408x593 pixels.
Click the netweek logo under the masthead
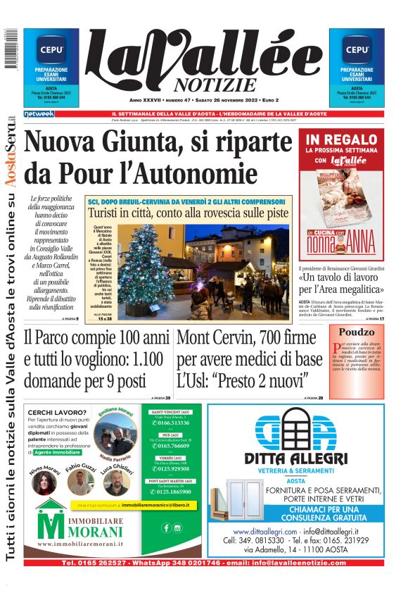pos(39,113)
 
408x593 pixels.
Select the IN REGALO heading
pos(340,139)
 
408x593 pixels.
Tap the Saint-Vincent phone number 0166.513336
pos(172,423)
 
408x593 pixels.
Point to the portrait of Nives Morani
pos(44,485)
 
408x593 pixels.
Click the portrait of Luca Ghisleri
pos(115,482)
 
